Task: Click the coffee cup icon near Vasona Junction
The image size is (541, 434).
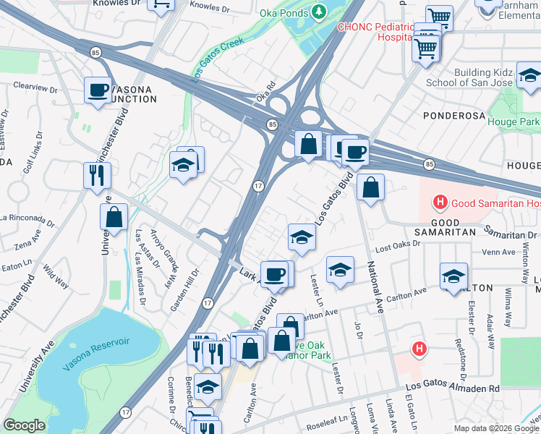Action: tap(97, 90)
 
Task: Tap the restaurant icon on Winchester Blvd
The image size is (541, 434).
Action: tap(96, 174)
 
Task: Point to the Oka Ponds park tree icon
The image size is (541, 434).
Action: tap(318, 12)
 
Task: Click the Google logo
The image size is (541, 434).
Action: tap(24, 425)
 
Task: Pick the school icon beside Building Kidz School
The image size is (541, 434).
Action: tap(529, 75)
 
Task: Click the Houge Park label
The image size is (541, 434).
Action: tap(513, 122)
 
